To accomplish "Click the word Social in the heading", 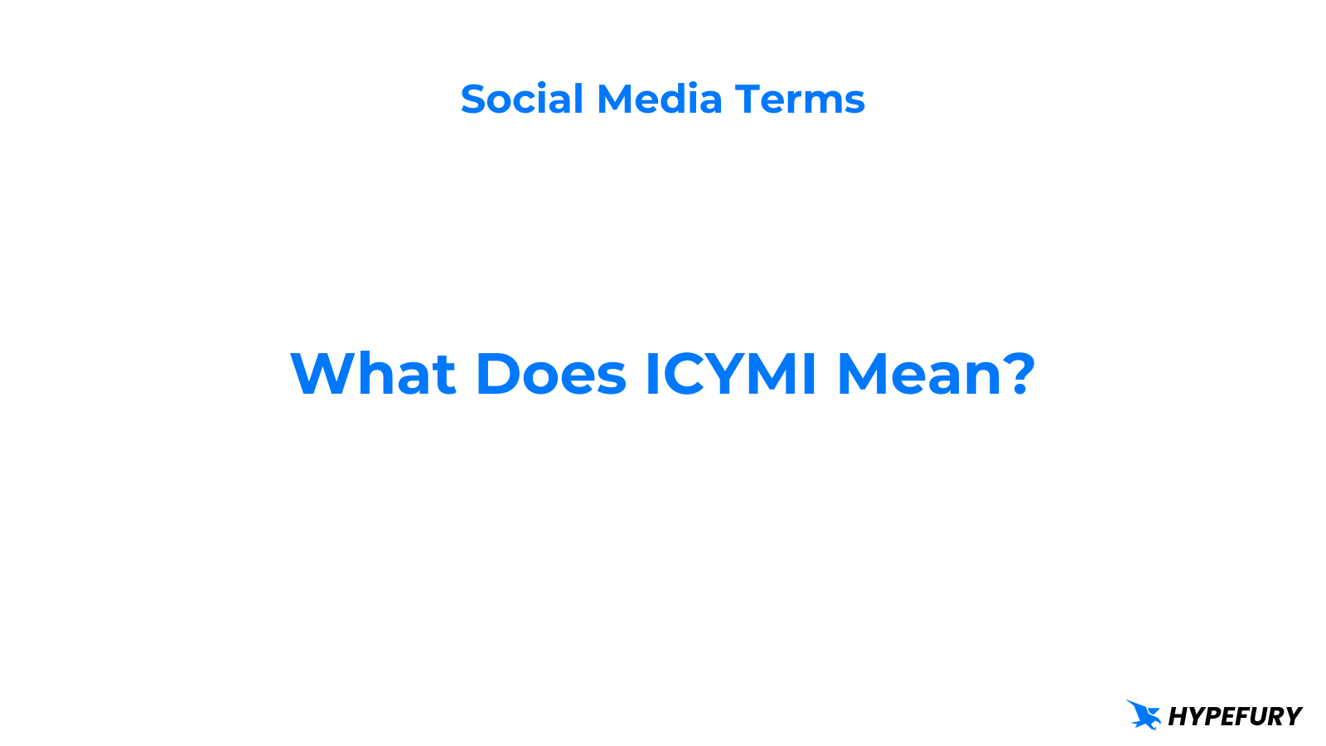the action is (522, 99).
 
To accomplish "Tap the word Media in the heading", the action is (660, 99).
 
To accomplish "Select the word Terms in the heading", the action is (800, 99).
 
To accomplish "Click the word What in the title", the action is (373, 374).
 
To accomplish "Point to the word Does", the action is (550, 374).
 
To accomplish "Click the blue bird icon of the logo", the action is (1144, 715).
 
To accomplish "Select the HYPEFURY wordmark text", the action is (1235, 716).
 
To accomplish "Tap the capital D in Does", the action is (497, 374).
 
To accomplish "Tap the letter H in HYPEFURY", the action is (1178, 716).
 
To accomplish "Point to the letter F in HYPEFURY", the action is (1238, 716).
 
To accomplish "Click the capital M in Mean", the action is (863, 374).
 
